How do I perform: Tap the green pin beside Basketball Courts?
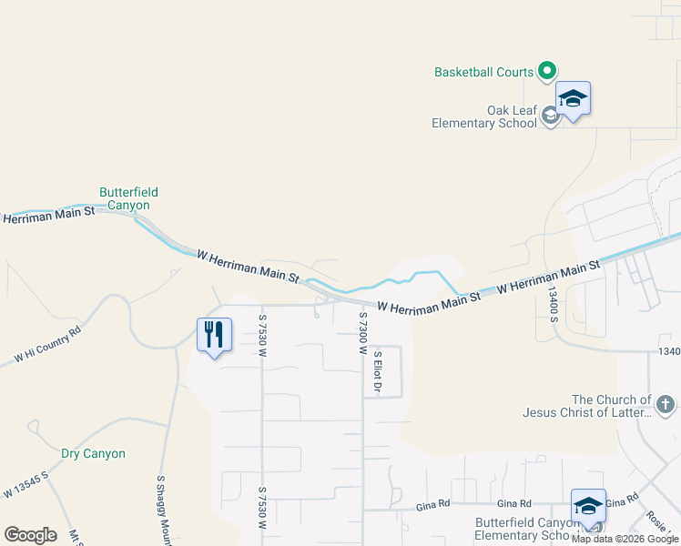point(547,70)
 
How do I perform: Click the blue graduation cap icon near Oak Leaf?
point(573,98)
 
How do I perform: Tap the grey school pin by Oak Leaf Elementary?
point(550,116)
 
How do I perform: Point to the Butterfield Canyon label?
point(128,198)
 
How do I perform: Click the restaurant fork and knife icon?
point(214,334)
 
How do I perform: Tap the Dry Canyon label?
point(93,453)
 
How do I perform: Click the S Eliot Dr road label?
point(376,372)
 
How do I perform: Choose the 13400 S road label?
point(553,304)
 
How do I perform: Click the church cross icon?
point(666,403)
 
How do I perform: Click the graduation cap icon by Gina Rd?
point(587,506)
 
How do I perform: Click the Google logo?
point(30,535)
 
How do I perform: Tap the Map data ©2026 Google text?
point(625,539)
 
